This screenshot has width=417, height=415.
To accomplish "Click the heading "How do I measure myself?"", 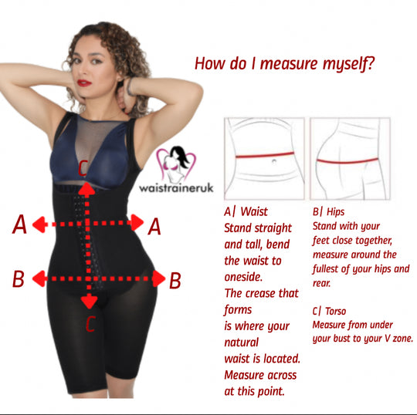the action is [284, 64].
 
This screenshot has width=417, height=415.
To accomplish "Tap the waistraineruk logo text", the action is [176, 188].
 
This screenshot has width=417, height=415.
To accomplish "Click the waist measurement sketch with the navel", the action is [264, 159].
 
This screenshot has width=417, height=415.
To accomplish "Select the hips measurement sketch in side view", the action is [350, 159].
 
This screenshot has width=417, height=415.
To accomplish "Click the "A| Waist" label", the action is [246, 212].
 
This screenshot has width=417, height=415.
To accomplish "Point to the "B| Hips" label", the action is [328, 212].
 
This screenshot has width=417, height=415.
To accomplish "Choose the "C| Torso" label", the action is [329, 311].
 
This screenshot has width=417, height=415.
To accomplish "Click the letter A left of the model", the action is [19, 224].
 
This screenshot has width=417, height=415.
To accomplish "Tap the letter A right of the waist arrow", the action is [154, 226].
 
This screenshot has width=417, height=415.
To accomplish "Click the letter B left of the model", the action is [19, 278].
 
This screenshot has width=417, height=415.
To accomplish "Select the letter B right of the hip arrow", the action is [175, 281].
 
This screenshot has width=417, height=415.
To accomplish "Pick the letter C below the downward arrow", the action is [90, 324].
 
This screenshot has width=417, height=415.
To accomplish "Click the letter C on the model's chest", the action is [83, 167].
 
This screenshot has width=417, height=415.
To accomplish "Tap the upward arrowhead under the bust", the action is [87, 189].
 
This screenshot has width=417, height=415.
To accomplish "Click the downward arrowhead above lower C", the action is [89, 302].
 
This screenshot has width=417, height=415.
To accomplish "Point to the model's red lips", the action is [84, 83].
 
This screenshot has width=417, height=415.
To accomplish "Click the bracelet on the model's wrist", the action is [130, 86].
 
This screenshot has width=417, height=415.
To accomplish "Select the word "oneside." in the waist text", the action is [243, 277].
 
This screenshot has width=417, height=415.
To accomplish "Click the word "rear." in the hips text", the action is [321, 283].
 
